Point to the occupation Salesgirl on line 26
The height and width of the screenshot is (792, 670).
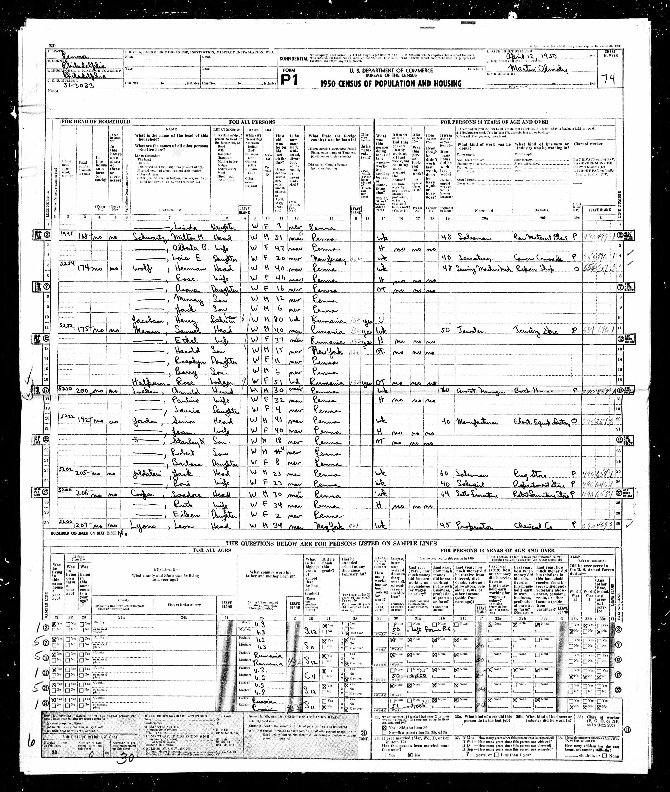point(471,485)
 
